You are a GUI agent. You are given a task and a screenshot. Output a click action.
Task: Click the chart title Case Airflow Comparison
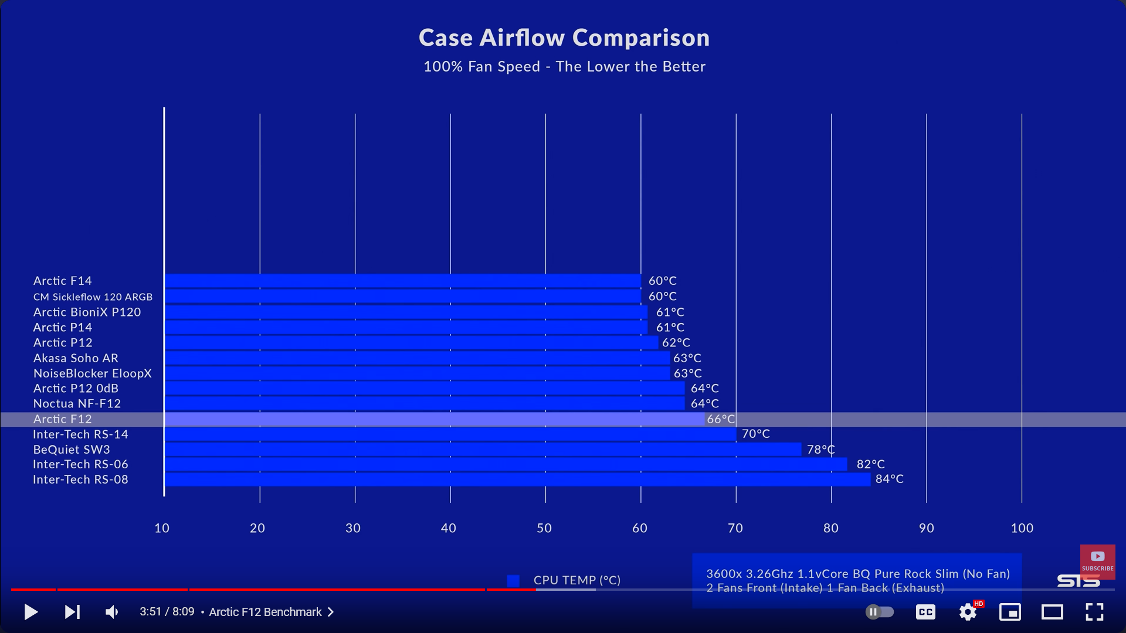pos(564,38)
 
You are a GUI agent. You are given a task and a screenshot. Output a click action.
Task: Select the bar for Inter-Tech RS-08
pos(517,479)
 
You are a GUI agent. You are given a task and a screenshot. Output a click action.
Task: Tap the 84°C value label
pos(889,479)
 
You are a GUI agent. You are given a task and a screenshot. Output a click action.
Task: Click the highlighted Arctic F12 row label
pos(63,419)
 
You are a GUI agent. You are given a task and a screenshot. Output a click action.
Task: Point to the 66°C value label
pos(721,419)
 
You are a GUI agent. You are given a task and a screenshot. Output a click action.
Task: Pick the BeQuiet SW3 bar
pos(483,450)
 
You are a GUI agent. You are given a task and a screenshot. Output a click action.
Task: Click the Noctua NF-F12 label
pos(77,404)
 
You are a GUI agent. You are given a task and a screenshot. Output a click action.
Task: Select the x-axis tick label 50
pos(544,528)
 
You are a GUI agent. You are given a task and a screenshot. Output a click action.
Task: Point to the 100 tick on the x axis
pos(1022,528)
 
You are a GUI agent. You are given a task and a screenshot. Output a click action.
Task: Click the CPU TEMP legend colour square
pos(513,580)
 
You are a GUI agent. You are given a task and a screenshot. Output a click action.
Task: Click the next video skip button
pos(72,612)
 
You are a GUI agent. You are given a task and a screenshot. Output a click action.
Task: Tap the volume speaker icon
pos(111,612)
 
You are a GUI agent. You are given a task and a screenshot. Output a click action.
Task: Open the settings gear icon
pos(968,612)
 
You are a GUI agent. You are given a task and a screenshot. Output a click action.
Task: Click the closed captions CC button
pos(925,612)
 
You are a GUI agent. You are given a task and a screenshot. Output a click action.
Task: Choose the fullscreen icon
pos(1094,612)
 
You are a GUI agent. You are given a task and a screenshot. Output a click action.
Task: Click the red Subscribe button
pos(1097,561)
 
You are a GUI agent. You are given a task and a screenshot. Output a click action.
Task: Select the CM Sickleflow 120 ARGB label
pos(93,297)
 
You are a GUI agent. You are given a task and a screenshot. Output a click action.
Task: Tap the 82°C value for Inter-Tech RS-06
pos(870,464)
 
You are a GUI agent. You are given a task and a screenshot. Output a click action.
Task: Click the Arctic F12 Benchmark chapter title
pos(266,612)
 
